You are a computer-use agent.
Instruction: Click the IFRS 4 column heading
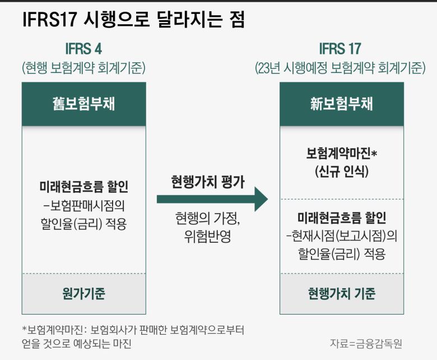(x=83, y=49)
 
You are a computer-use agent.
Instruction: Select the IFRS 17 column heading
(x=340, y=49)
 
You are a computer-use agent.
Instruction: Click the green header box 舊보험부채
(x=83, y=104)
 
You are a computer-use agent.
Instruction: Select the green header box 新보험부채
(x=342, y=104)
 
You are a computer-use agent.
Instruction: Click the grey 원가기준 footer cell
(x=83, y=293)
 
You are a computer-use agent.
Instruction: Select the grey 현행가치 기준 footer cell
(x=342, y=293)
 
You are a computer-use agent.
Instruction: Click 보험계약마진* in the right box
(x=342, y=153)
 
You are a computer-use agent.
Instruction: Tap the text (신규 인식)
(x=342, y=172)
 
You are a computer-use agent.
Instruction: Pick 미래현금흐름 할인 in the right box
(x=342, y=218)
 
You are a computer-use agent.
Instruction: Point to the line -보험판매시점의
(x=83, y=205)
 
